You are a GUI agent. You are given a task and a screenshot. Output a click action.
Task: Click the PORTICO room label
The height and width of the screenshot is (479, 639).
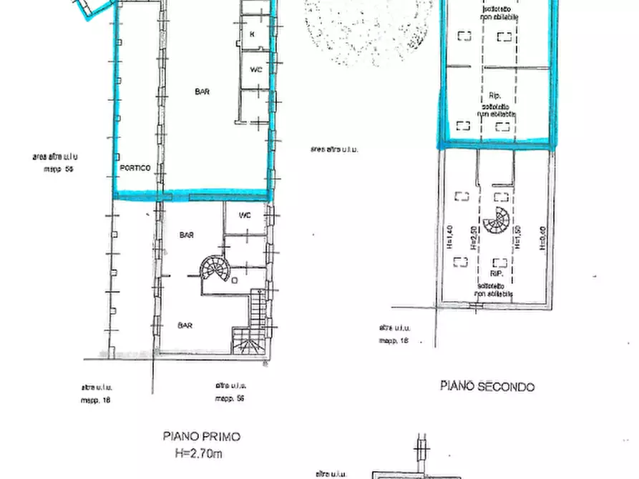pos(135,168)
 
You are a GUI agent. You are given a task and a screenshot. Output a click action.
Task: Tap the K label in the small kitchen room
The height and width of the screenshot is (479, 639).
pos(253,34)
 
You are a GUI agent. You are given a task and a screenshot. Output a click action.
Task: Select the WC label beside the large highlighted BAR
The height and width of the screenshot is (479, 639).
pos(255,69)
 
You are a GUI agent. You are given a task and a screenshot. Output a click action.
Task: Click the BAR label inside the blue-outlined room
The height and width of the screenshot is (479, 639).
pos(203,92)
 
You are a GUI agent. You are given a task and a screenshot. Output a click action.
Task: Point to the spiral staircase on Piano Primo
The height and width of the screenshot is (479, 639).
pos(213,270)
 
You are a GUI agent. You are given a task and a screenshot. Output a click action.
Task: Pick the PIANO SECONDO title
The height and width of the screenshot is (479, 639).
pos(487,387)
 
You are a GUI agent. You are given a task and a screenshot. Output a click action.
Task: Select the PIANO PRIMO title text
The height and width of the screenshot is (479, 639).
pos(201,436)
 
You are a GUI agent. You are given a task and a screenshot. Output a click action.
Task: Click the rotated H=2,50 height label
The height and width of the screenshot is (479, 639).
pos(473,235)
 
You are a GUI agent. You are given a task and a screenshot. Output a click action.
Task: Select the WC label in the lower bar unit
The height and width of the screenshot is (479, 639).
pos(245,214)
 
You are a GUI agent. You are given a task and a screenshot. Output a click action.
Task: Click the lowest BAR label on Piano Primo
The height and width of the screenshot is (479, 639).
pos(185,325)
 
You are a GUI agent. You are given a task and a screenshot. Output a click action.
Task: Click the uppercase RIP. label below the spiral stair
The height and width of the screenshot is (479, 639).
pos(497,274)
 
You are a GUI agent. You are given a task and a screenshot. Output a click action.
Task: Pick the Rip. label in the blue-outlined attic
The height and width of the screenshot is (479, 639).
pos(494,96)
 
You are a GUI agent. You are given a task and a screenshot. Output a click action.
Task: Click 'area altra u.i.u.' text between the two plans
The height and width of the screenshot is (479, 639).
pos(334,149)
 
